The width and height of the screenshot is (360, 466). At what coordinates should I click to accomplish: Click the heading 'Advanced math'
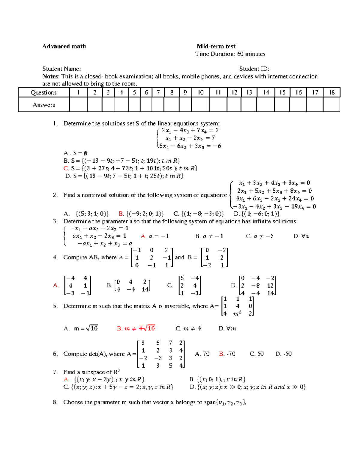(x=64, y=47)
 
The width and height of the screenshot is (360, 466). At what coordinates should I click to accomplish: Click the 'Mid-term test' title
(x=216, y=47)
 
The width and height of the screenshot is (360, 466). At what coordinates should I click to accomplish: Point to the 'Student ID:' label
(x=254, y=69)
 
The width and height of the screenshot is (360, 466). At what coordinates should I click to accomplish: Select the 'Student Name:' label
(x=61, y=69)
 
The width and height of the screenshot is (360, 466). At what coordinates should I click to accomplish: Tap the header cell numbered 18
(x=331, y=92)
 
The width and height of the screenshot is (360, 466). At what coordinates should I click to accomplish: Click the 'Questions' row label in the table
(x=44, y=92)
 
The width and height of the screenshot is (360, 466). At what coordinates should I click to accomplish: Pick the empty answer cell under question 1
(x=78, y=105)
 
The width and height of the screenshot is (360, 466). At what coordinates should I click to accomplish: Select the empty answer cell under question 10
(x=200, y=105)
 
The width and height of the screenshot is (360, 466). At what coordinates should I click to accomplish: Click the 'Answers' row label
(x=44, y=105)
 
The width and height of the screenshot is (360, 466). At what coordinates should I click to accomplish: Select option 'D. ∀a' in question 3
(x=301, y=236)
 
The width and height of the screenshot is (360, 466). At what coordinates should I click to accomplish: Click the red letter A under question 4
(x=56, y=285)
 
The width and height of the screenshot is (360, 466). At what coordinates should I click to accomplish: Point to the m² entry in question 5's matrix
(x=237, y=314)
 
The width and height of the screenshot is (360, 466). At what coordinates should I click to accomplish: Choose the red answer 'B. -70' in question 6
(x=227, y=354)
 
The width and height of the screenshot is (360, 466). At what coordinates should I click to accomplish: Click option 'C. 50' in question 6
(x=257, y=354)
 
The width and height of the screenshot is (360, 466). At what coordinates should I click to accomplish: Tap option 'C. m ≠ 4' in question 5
(x=188, y=329)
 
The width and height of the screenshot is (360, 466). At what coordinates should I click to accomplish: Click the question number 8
(x=55, y=402)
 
